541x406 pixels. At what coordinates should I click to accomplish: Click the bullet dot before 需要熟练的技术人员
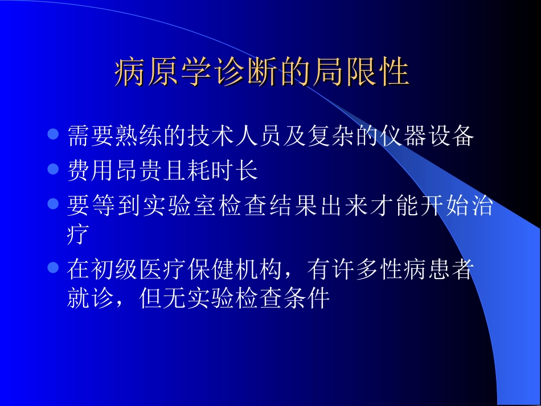54,135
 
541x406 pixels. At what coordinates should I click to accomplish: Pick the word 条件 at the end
312,298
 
